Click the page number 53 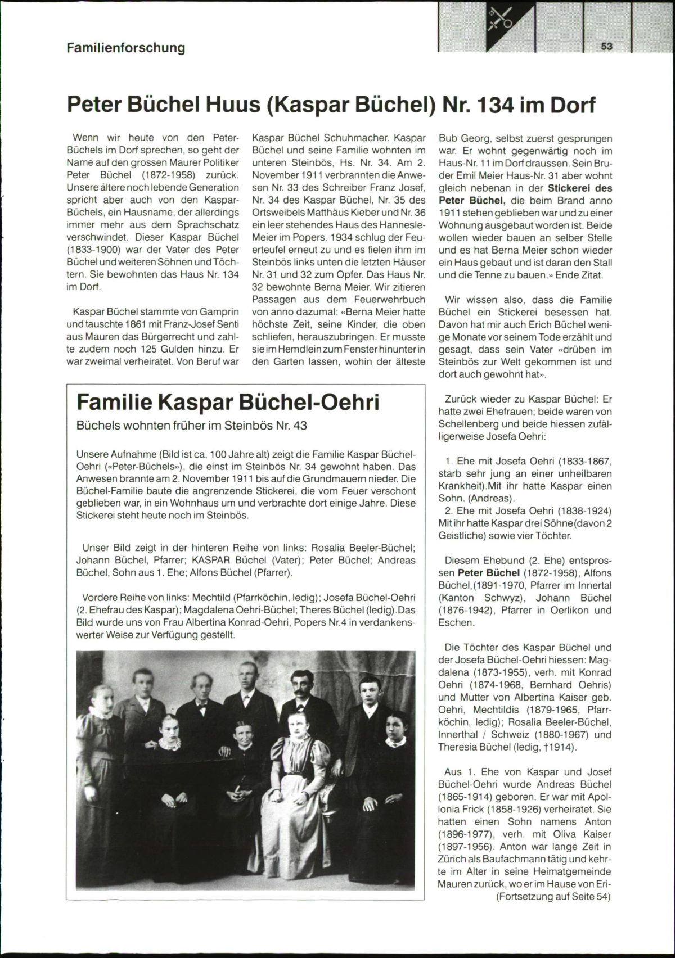[x=606, y=47]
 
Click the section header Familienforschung [x=126, y=48]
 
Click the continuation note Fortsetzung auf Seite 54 [x=553, y=896]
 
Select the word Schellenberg [x=469, y=424]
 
